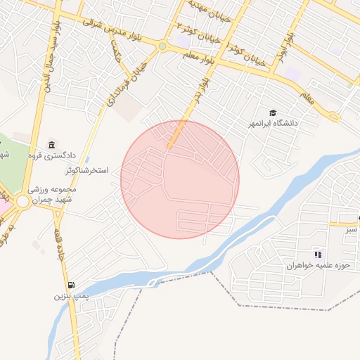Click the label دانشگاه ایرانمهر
point(271,124)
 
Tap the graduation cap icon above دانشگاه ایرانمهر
point(272,112)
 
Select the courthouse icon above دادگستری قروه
point(51,144)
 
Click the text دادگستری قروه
point(50,155)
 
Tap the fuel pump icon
point(71,285)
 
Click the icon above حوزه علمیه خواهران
point(318,254)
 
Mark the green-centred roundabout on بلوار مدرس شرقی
point(162,47)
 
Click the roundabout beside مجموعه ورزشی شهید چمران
point(22,202)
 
